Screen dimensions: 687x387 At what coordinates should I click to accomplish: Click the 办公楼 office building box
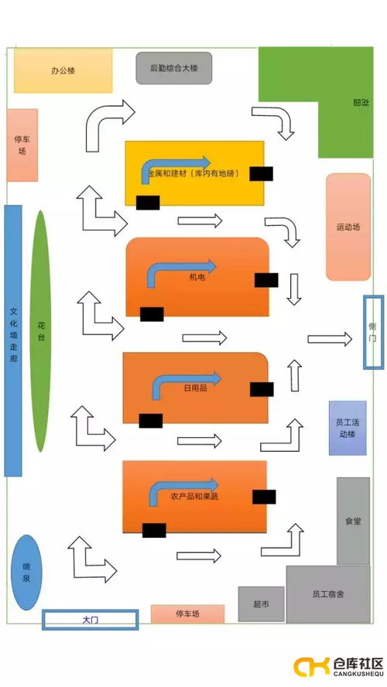click(x=63, y=70)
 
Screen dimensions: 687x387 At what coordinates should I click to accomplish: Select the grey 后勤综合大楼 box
click(x=174, y=68)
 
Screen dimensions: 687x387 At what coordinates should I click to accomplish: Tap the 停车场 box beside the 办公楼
click(x=22, y=145)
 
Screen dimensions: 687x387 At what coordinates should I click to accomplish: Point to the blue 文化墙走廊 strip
click(x=13, y=340)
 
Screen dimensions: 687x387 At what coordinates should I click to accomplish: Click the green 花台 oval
click(x=40, y=330)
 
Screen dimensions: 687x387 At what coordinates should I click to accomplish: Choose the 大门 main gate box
click(x=90, y=620)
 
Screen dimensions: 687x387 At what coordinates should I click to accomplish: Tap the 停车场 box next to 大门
click(x=187, y=614)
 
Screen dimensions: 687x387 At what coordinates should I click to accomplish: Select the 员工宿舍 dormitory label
click(x=328, y=594)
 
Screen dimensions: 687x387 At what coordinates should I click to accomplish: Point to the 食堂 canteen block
click(x=353, y=521)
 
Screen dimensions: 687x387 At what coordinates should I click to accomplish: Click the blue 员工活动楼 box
click(x=347, y=428)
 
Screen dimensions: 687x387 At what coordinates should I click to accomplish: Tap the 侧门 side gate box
click(x=373, y=331)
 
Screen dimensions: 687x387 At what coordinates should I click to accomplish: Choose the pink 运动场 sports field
click(x=348, y=227)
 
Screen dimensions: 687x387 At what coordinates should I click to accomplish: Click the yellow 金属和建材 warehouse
click(x=194, y=173)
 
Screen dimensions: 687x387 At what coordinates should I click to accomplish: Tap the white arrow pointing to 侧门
click(x=330, y=338)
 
